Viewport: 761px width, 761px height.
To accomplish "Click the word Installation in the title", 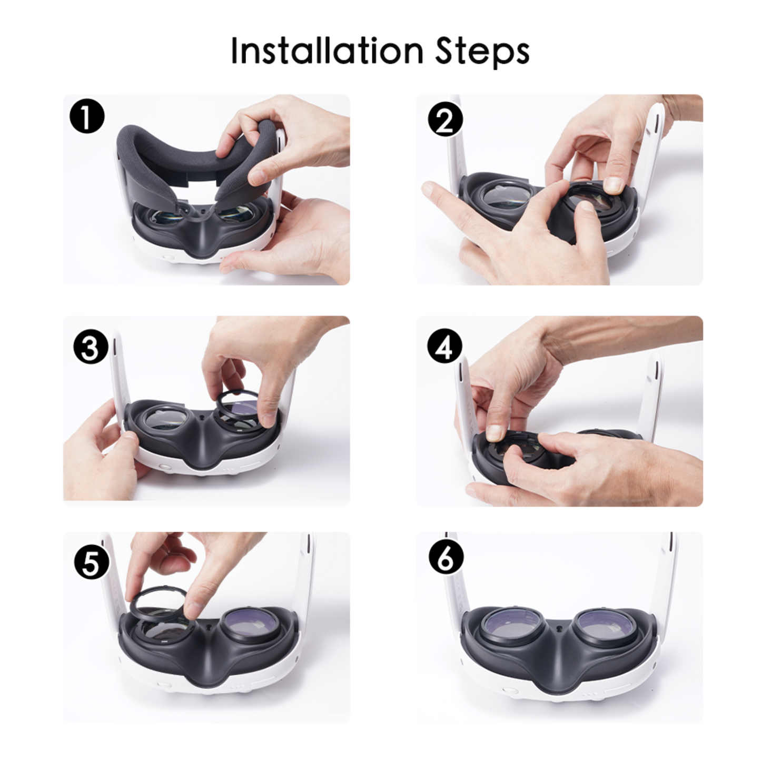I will [x=327, y=51].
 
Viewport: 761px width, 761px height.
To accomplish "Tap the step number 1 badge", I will [x=87, y=116].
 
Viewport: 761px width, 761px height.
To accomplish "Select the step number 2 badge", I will [x=445, y=120].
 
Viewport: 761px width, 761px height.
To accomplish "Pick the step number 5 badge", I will [x=91, y=562].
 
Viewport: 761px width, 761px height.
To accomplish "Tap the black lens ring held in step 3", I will [x=237, y=408].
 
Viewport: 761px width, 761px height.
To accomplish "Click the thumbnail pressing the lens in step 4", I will [x=493, y=433].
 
